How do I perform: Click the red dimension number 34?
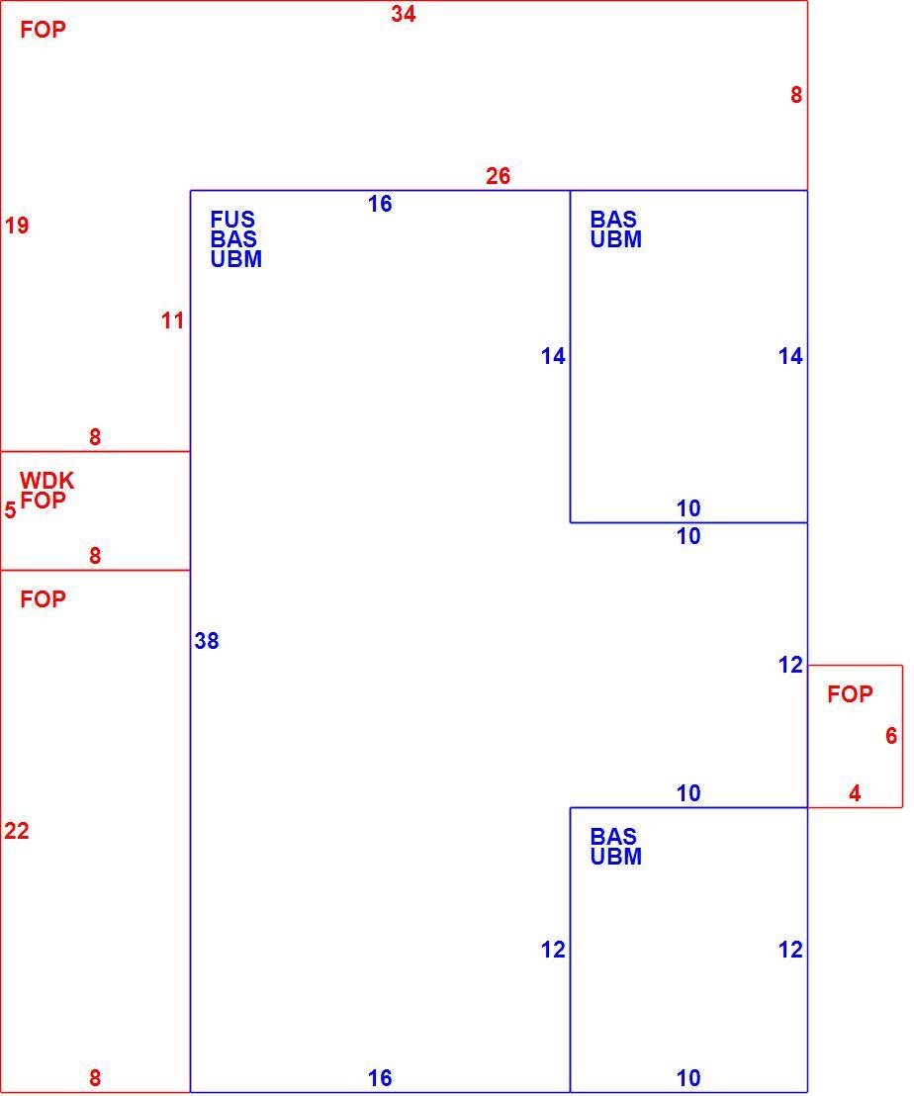[404, 13]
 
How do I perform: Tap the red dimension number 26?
[498, 176]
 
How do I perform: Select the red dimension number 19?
[17, 226]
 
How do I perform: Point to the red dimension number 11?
[172, 320]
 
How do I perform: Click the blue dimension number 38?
[207, 641]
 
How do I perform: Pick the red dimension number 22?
[17, 830]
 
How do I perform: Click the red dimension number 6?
[891, 735]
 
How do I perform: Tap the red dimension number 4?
[855, 793]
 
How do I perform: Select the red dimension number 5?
[10, 510]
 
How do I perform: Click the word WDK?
[46, 480]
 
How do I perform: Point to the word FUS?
[232, 220]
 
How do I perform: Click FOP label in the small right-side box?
[850, 694]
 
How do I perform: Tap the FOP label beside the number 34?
[43, 30]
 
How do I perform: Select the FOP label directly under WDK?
[43, 500]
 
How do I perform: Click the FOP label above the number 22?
[43, 599]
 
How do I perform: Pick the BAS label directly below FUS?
[233, 239]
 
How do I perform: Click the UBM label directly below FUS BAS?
[236, 258]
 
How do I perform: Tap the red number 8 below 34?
[796, 94]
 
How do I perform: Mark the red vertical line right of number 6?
[902, 736]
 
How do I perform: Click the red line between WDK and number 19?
[95, 451]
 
